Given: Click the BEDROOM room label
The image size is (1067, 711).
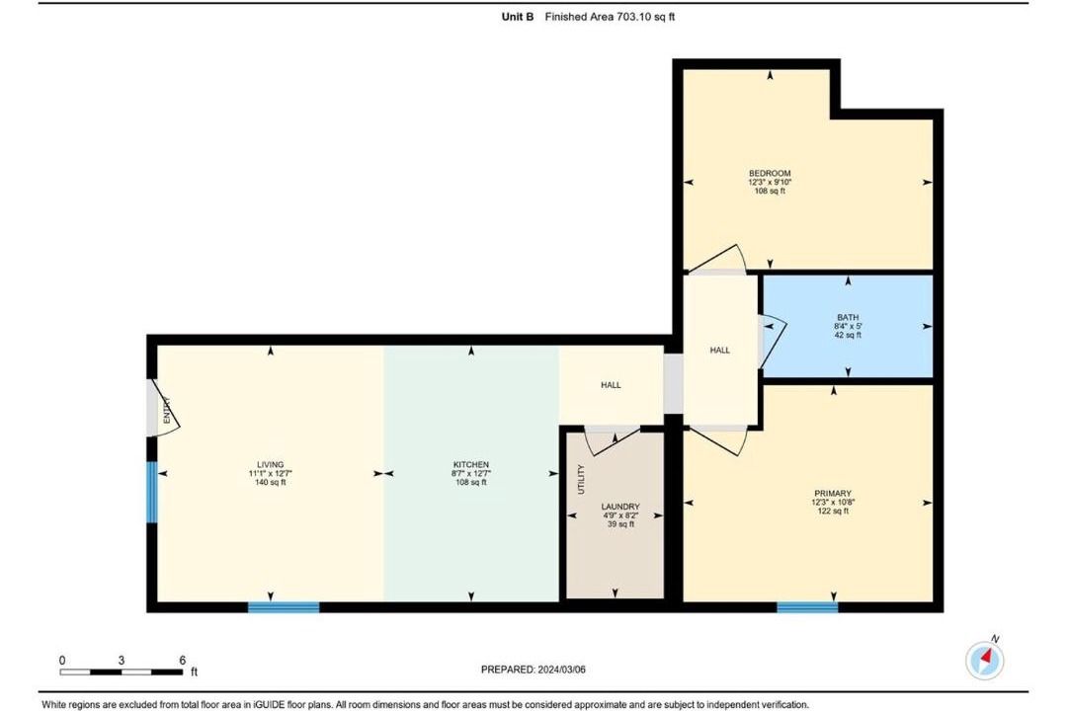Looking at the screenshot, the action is coord(770,173).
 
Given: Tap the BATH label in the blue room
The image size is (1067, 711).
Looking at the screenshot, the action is coord(848,317).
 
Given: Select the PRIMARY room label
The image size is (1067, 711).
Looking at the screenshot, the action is coord(833,494).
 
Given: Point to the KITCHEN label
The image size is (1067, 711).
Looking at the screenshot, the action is coord(471,465).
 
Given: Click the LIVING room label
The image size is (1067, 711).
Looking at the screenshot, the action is coord(270,465).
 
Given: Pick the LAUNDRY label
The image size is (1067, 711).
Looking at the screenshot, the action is coord(620,507).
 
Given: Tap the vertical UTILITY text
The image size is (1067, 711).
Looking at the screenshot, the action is coord(581,479).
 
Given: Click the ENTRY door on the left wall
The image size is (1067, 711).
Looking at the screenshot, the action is coord(163,407).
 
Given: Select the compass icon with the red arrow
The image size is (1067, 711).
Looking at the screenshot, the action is coord(985,659).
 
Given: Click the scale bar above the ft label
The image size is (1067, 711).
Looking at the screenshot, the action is coord(122,672).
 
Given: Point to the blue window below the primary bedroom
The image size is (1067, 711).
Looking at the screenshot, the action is coord(807,607).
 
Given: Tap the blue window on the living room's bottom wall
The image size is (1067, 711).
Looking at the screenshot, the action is coord(284,607).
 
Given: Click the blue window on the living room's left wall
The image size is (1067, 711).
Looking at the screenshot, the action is coord(152,493).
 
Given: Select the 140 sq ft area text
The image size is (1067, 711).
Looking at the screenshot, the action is coord(270,482).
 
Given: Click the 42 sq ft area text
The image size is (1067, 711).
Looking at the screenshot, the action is coord(848,335).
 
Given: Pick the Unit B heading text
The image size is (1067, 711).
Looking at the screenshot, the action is coord(518,17).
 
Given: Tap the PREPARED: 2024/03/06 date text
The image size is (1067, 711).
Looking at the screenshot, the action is coord(533,670).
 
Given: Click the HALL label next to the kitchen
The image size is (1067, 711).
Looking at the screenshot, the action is coord(612,385).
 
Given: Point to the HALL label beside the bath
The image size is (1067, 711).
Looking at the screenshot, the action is coord(720,351).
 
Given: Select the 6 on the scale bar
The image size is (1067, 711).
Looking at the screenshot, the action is coord(183,660).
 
